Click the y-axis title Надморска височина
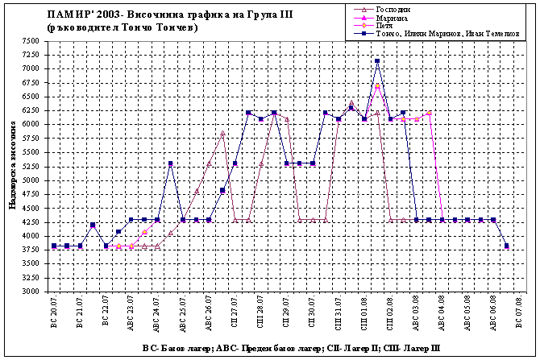coord(13,166)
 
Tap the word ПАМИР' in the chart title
coord(69,14)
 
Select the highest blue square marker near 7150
coord(377,61)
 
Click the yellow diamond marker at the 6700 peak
coord(377,85)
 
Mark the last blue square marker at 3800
coord(506,246)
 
